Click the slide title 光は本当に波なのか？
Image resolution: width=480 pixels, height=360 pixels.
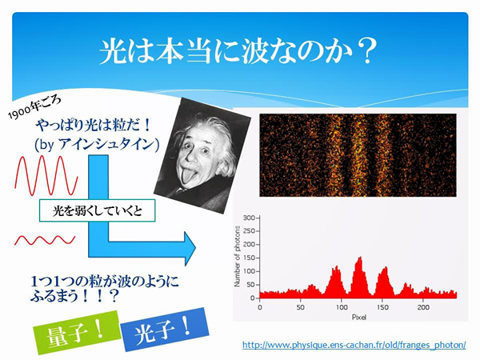pos(238,51)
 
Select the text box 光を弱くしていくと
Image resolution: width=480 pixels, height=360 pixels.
pos(98,210)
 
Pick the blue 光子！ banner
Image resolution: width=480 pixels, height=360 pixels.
pos(165,330)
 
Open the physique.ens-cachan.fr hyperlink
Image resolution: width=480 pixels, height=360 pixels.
pos(354,345)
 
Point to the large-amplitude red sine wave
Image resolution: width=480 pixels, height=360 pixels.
pos(46,175)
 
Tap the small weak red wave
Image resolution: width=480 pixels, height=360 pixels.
pos(45,240)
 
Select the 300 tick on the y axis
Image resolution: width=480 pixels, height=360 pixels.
pos(249,218)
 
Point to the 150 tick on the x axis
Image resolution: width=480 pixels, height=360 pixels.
pos(382,307)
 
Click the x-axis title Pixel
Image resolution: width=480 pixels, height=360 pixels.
pos(358,317)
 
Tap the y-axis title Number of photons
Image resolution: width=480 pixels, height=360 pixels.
pos(238,256)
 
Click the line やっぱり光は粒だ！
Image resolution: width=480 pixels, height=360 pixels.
pos(94,126)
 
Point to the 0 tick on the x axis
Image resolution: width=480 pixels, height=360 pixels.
pos(259,307)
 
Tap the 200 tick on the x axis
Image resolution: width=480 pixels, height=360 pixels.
pos(423,307)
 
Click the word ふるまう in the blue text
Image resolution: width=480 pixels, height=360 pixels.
pos(54,296)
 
